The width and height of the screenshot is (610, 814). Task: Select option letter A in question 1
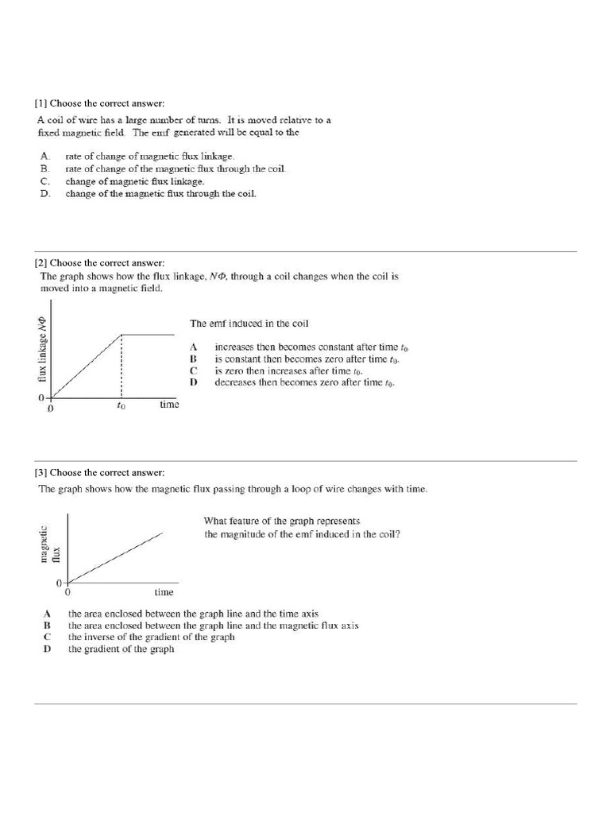45,157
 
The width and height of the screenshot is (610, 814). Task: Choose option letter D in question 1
45,193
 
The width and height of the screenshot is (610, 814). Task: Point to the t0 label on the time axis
121,405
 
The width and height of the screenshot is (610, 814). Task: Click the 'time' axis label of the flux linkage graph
169,404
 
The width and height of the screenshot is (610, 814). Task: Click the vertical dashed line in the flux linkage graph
121,366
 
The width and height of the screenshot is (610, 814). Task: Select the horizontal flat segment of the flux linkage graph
147,335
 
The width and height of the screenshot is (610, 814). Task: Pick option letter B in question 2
192,359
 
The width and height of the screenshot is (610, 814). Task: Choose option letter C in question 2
192,371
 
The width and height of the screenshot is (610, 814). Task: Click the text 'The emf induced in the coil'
249,324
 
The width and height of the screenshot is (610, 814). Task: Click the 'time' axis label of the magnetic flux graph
164,592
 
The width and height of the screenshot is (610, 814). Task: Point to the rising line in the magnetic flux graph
115,558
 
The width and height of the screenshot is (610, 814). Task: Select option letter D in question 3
48,649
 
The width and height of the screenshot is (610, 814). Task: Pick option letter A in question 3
48,614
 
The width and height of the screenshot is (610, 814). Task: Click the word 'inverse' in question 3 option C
101,638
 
